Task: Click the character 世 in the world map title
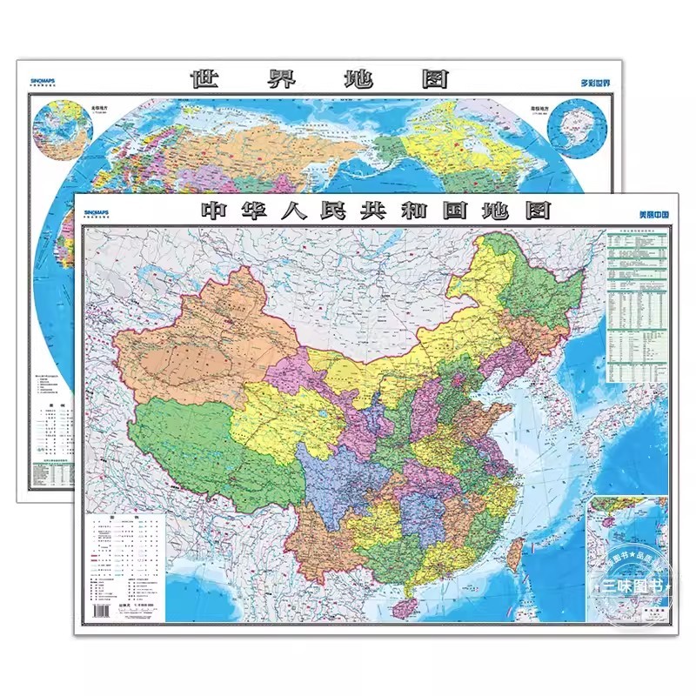coord(205,79)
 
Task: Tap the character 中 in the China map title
coord(215,210)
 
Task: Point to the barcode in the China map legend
coord(102,611)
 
